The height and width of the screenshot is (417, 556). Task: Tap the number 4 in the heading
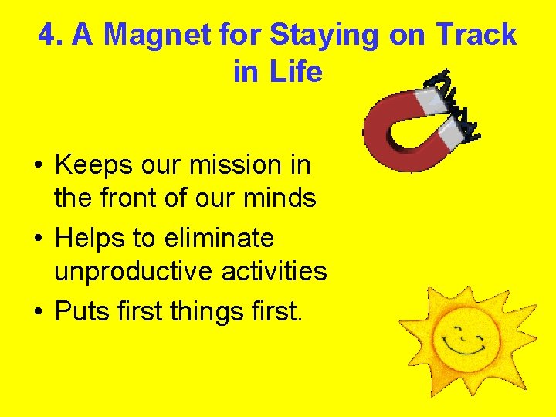click(47, 35)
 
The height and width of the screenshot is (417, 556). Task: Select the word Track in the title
click(476, 35)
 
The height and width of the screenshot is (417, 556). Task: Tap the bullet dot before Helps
click(37, 239)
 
